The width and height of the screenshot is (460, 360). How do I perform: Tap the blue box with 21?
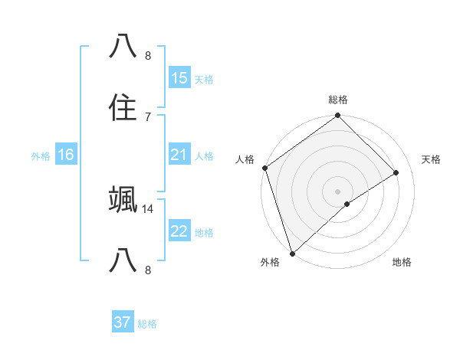click(x=179, y=155)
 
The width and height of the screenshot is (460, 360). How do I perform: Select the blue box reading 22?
click(x=179, y=231)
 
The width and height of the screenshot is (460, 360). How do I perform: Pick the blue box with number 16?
click(x=66, y=155)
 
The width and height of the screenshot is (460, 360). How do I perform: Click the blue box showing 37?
click(x=123, y=322)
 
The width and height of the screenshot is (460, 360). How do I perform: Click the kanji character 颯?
click(x=123, y=200)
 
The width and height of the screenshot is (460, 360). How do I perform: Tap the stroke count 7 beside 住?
click(x=148, y=116)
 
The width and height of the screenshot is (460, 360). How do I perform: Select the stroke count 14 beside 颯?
click(x=148, y=208)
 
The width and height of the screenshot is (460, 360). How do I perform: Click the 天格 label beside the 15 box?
click(x=203, y=80)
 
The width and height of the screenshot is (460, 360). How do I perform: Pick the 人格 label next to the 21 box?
click(x=203, y=156)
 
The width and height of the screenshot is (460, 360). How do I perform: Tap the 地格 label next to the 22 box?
click(x=203, y=233)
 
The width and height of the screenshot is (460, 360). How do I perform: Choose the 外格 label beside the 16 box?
click(x=41, y=156)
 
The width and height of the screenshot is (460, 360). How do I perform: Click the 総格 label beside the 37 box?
click(x=147, y=324)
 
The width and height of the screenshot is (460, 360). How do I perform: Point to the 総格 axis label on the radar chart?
click(x=337, y=100)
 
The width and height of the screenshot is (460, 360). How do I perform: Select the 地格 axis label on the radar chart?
click(x=402, y=262)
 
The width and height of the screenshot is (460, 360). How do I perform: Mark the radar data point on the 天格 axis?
click(x=396, y=172)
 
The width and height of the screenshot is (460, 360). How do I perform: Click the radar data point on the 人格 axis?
click(x=264, y=168)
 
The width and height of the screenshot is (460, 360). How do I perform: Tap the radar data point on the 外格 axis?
click(x=292, y=253)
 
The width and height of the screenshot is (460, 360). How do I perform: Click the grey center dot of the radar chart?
click(x=337, y=191)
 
